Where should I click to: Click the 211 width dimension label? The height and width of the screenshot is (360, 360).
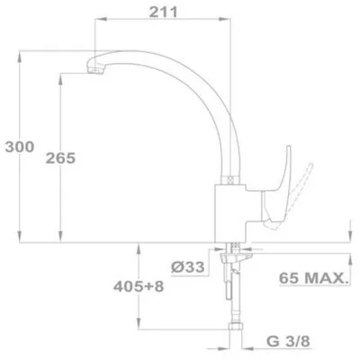[164, 12]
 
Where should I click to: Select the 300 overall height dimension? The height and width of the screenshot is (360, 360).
[20, 147]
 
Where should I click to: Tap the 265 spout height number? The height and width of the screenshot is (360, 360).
[60, 158]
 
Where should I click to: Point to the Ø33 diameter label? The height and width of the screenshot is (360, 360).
[188, 266]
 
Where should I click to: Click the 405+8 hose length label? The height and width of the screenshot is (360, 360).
[139, 286]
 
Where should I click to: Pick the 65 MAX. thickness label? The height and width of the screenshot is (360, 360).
[313, 278]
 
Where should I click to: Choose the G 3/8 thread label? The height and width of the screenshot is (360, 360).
[288, 341]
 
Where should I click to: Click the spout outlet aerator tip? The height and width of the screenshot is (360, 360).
[95, 71]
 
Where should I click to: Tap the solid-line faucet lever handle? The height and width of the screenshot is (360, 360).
[277, 189]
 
